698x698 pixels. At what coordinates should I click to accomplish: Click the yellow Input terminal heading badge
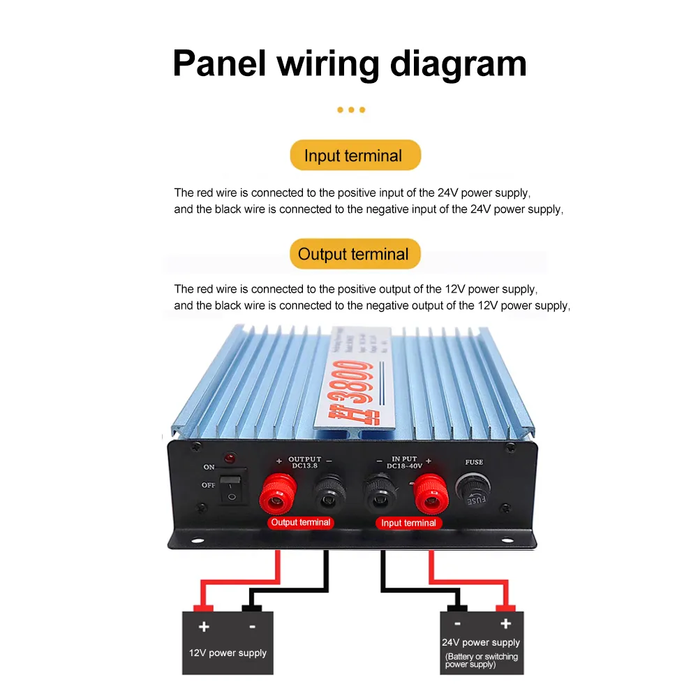[355, 155]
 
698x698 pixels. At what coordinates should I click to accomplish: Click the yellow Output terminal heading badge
[355, 254]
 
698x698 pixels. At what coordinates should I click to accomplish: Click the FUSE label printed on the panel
[474, 462]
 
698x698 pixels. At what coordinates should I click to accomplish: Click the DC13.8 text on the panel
[304, 466]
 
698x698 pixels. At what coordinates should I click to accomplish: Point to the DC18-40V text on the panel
[403, 466]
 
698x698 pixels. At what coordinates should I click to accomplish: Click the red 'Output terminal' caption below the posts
[301, 522]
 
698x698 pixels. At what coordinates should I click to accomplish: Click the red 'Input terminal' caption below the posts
[408, 523]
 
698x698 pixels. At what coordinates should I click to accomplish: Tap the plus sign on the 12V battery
[204, 626]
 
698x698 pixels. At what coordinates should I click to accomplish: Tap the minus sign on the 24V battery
[457, 624]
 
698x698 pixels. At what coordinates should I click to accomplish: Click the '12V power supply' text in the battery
[228, 653]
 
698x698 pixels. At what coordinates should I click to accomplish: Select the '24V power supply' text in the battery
[481, 642]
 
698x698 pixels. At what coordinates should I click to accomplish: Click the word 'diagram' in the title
[458, 64]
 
